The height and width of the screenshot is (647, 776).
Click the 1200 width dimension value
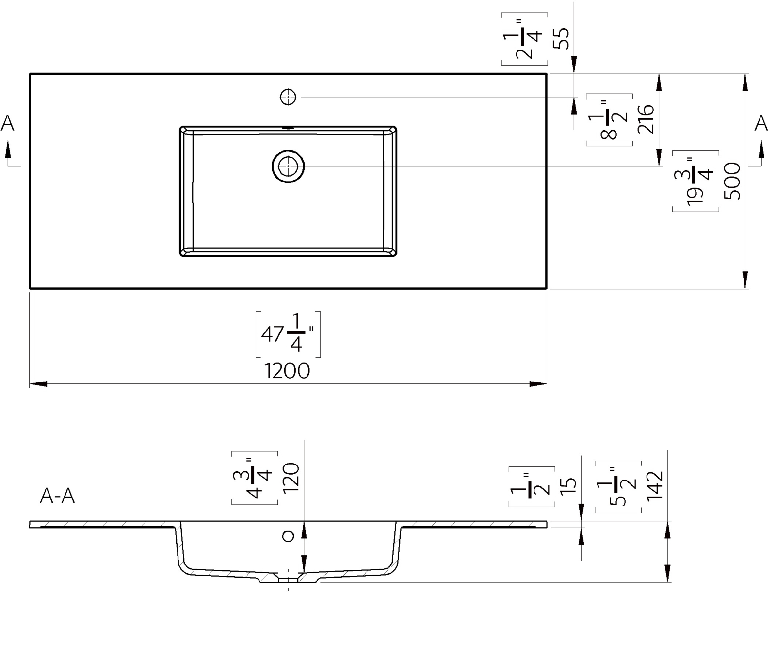(x=287, y=371)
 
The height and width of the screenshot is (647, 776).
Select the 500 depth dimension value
(x=732, y=181)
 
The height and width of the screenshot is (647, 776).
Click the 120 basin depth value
(x=291, y=478)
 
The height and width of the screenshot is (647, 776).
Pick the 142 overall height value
(x=654, y=485)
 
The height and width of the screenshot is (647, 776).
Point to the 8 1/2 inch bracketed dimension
(x=609, y=119)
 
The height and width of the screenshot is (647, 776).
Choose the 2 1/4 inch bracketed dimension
(x=525, y=39)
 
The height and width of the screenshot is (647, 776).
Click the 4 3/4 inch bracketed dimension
(x=255, y=478)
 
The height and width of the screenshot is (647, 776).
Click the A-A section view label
(x=57, y=496)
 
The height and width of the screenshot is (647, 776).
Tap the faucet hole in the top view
(x=288, y=97)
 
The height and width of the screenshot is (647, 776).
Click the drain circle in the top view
(x=288, y=166)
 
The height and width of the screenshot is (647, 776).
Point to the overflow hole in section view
(x=288, y=536)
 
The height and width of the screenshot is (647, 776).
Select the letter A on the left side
(x=8, y=123)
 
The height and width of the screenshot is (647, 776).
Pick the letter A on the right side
(x=761, y=123)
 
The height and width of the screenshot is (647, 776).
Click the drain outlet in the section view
(x=289, y=579)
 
